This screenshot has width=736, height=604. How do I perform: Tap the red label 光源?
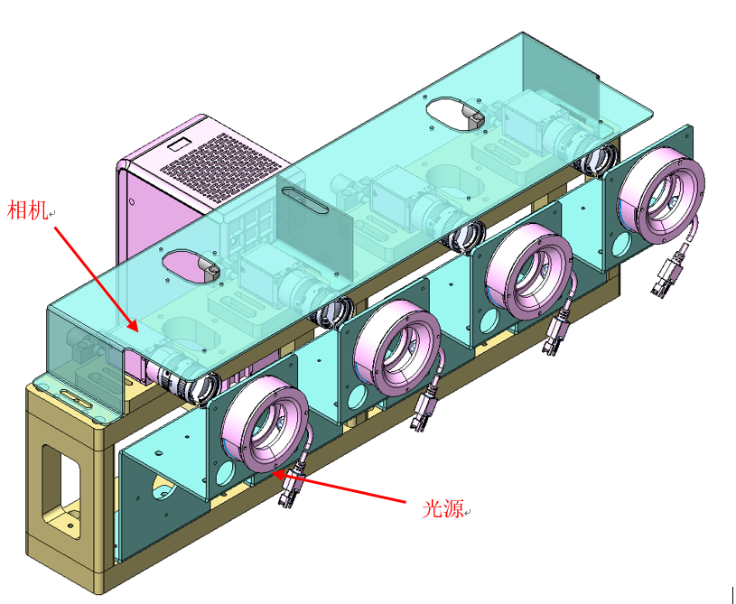pyautogui.click(x=443, y=508)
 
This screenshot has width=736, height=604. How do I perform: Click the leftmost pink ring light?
pyautogui.click(x=266, y=423)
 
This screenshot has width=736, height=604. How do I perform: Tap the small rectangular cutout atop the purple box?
pyautogui.click(x=180, y=143)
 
